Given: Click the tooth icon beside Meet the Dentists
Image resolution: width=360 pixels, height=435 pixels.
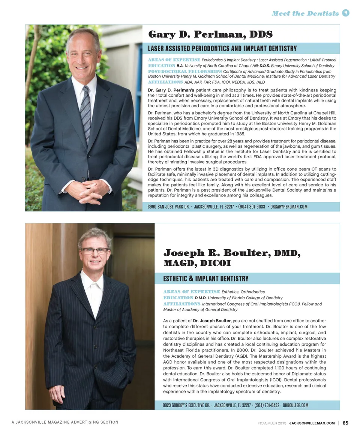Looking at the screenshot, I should [x=346, y=13].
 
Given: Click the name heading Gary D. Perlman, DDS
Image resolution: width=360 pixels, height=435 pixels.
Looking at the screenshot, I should [x=210, y=34].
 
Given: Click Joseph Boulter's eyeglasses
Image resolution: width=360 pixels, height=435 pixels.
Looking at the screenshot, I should [x=94, y=250].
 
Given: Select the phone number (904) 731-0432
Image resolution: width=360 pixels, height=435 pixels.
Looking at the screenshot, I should [x=267, y=405].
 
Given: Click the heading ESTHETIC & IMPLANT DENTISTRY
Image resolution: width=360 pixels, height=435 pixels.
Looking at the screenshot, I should [x=205, y=279].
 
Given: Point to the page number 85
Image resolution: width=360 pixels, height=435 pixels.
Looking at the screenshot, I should [x=345, y=423].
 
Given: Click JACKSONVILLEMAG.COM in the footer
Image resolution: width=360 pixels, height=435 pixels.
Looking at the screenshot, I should [x=312, y=423].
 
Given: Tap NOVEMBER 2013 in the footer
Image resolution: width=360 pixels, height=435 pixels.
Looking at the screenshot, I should [x=272, y=423].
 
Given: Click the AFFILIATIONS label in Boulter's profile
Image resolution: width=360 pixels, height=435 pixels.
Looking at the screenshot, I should [x=182, y=304].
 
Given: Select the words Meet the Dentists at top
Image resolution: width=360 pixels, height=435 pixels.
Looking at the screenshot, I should [x=305, y=13].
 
